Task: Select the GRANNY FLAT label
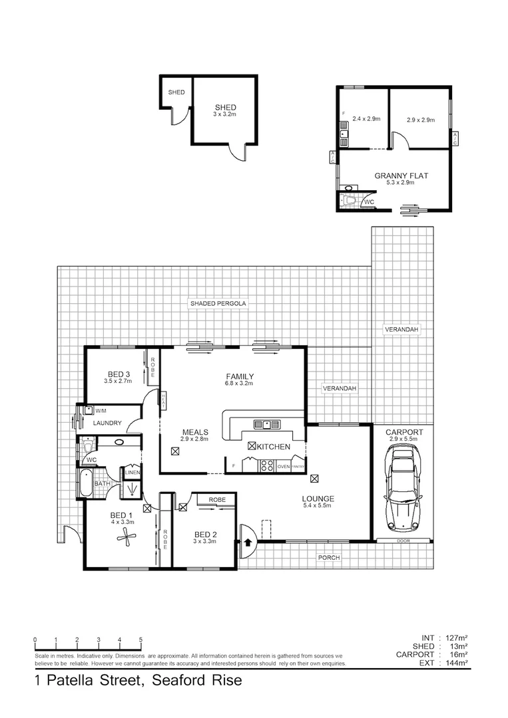pyautogui.click(x=401, y=176)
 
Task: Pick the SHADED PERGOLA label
pyautogui.click(x=218, y=303)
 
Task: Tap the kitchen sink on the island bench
pyautogui.click(x=265, y=424)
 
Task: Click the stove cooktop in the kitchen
pyautogui.click(x=266, y=466)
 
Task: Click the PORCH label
pyautogui.click(x=329, y=557)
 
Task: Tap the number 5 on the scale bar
pyautogui.click(x=140, y=640)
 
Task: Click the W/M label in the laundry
pyautogui.click(x=101, y=410)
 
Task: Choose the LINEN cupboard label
pyautogui.click(x=132, y=473)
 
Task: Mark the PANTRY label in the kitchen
pyautogui.click(x=298, y=467)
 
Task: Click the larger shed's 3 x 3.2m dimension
pyautogui.click(x=225, y=114)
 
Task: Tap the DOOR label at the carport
pyautogui.click(x=402, y=541)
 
